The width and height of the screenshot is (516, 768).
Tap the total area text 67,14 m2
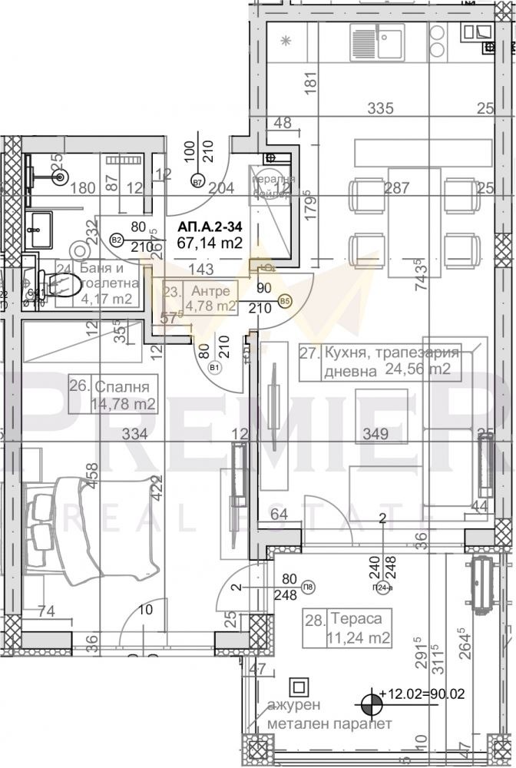click(210, 243)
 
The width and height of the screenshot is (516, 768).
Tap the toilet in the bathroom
click(64, 286)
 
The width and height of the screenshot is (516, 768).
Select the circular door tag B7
click(197, 182)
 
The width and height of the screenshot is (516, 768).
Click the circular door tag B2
click(117, 240)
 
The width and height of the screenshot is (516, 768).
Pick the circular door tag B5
click(286, 301)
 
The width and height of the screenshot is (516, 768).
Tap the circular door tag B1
click(214, 367)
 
